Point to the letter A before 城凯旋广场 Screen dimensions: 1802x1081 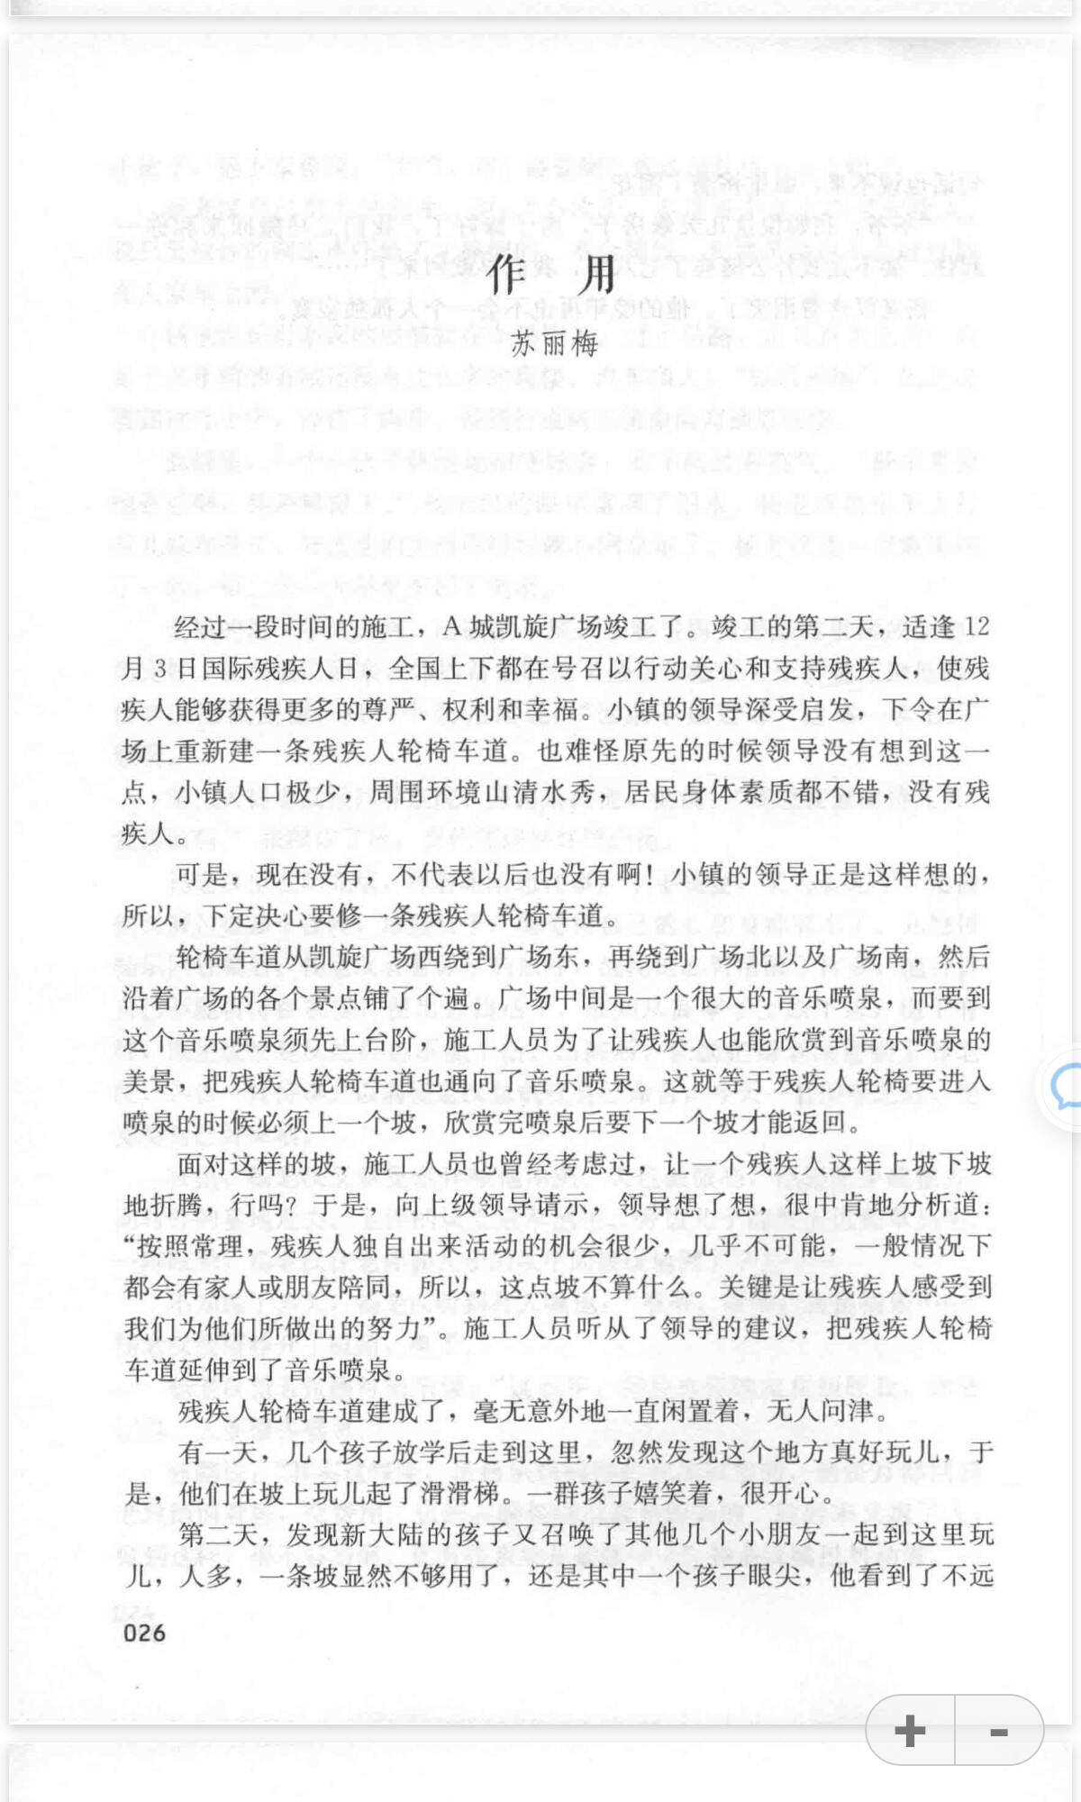(452, 627)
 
